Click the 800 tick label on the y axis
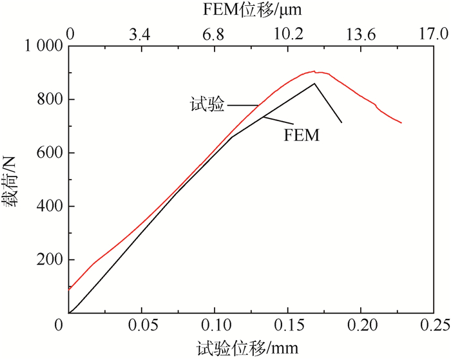(x=48, y=100)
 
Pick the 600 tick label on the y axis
(x=48, y=153)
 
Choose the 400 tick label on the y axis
(x=48, y=207)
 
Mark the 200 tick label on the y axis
(x=48, y=260)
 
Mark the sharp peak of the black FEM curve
(x=314, y=83)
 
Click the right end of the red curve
(x=401, y=122)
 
